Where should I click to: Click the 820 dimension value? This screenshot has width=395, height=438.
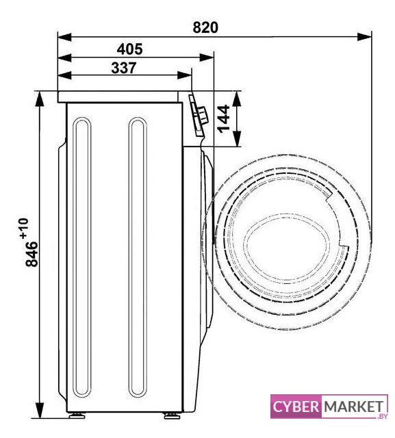pos(205,27)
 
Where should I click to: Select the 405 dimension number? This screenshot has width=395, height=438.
pos(129,49)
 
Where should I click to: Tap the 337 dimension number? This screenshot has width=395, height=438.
pos(124,68)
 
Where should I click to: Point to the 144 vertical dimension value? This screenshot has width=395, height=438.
pos(223,118)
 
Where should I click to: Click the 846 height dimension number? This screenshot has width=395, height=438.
pos(31,254)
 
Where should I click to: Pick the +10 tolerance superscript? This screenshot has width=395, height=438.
pos(24,229)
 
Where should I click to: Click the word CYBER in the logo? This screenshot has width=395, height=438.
pos(296,407)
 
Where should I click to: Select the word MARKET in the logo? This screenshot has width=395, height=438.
pos(354,407)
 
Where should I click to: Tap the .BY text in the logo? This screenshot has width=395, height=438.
pos(383,416)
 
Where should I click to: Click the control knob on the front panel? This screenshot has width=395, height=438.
pos(203,115)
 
